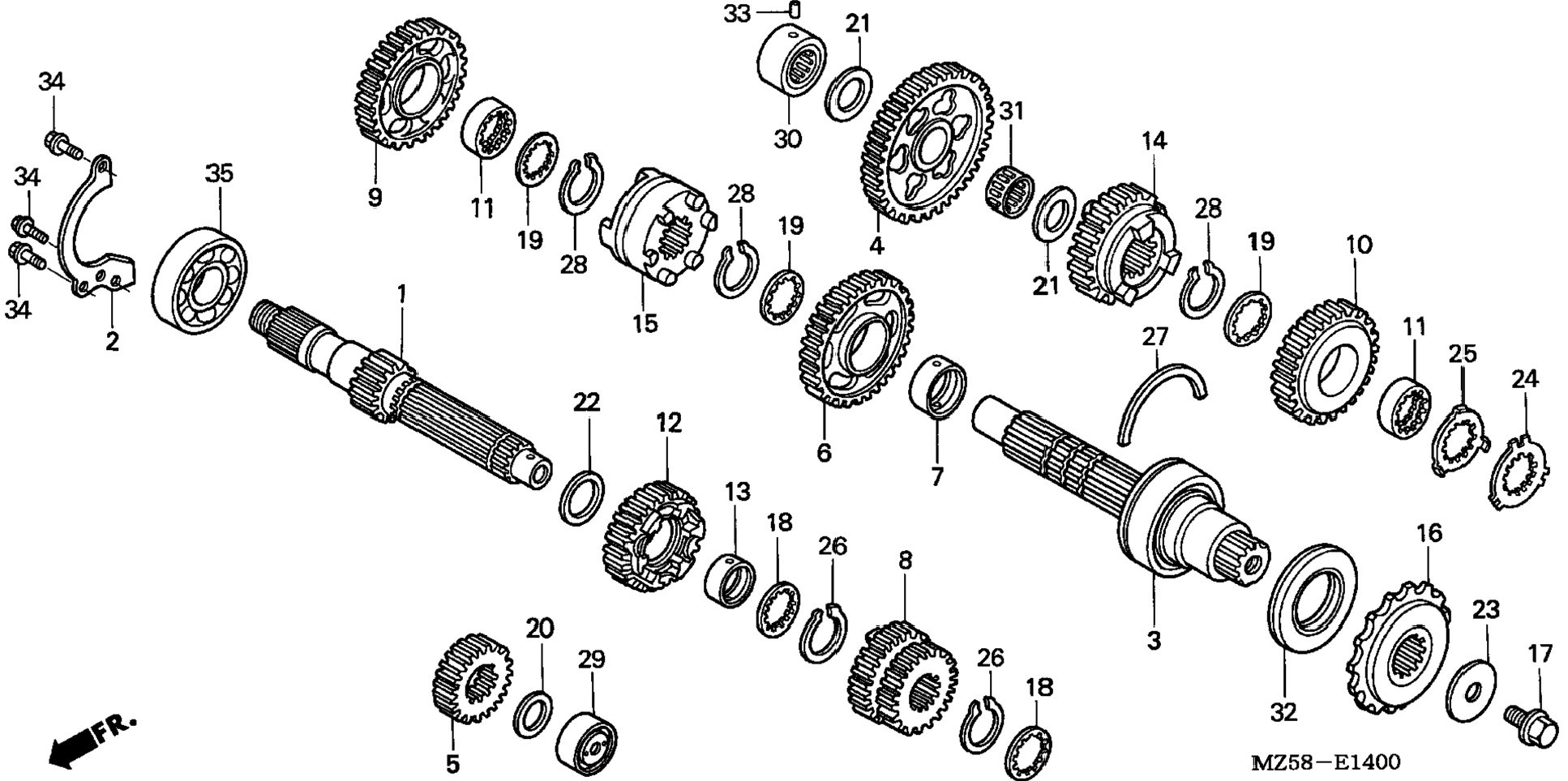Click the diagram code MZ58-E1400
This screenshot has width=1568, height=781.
coord(1326,762)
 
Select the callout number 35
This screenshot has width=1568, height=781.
coord(219,173)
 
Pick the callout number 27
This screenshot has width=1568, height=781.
coord(1155,336)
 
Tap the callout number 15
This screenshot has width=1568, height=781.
coord(645,323)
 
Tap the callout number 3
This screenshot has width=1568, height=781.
coord(1154,640)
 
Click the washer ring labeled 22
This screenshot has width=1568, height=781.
coord(582,497)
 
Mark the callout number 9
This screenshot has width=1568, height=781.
coord(375,197)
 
